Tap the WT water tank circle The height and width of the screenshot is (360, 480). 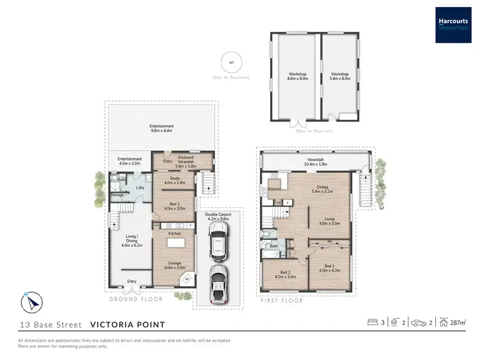(230, 62)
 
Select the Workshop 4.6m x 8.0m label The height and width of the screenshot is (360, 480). (298, 76)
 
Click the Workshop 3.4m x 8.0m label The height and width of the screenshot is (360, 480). (340, 76)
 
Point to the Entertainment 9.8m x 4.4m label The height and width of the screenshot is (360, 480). (162, 129)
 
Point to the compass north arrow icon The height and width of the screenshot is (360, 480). (31, 301)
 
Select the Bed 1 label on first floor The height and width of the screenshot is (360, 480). (328, 267)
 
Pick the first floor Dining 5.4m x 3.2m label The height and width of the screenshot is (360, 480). (322, 189)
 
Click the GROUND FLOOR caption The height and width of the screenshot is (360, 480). (136, 299)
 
